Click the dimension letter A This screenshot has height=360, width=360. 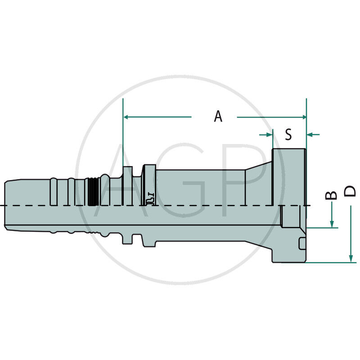pyautogui.click(x=218, y=117)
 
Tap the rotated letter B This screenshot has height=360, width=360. pyautogui.click(x=331, y=194)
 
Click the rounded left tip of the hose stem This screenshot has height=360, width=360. pyautogui.click(x=7, y=205)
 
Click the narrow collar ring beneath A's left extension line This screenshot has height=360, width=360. pyautogui.click(x=128, y=182)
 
